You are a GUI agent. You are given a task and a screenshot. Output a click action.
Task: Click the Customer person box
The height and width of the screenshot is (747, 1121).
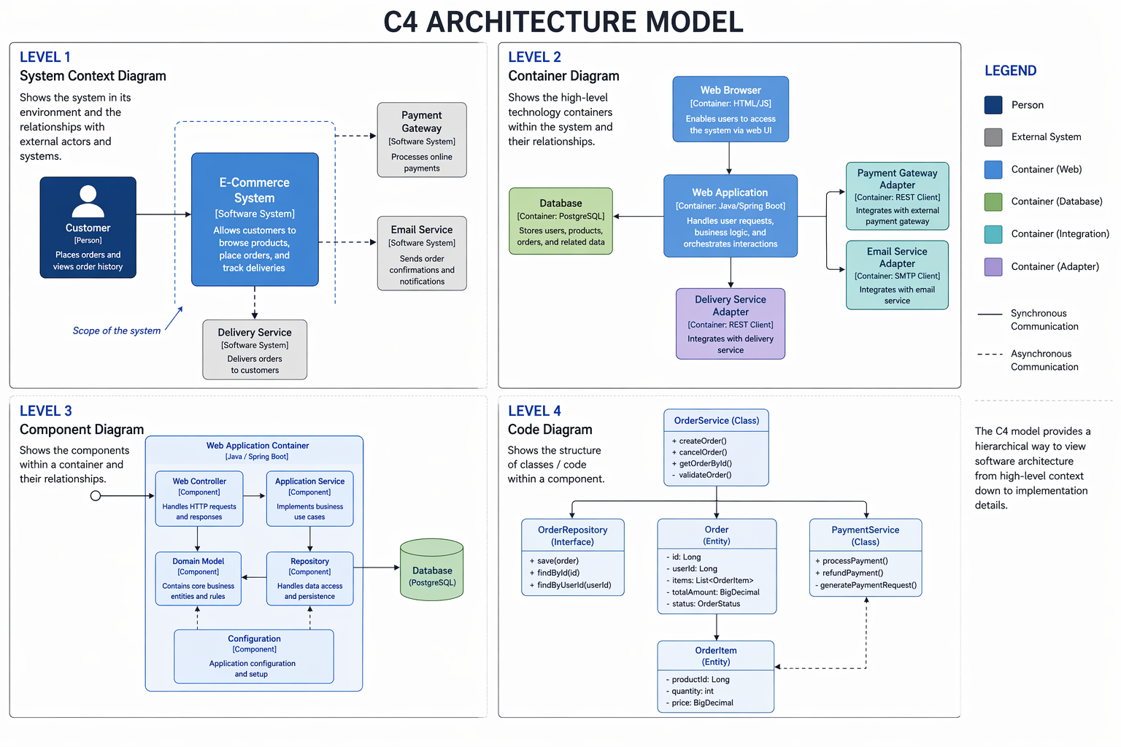pos(88,227)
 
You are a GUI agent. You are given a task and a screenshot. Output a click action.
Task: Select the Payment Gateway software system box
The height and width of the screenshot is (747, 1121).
pos(422,140)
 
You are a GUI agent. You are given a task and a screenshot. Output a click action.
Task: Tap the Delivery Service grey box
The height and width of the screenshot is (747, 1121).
pos(255,349)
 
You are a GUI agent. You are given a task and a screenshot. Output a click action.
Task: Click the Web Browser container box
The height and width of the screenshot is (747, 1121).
pos(731,109)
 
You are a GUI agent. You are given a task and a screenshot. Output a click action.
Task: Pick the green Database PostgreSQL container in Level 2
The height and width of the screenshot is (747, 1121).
pos(560,221)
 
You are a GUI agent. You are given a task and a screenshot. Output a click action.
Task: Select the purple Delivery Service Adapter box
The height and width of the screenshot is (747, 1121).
pos(731,324)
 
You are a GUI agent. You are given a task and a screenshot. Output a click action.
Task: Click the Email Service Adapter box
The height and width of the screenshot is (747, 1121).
pos(897,275)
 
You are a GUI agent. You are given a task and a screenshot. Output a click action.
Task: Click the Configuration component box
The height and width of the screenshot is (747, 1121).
pos(254,656)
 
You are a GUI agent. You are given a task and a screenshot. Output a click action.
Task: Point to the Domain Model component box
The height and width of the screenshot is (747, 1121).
pos(198,578)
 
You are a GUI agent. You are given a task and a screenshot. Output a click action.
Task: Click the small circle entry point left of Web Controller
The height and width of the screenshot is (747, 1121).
pos(96,496)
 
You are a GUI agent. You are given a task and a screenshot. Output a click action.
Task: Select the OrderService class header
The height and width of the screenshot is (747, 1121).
pos(716,421)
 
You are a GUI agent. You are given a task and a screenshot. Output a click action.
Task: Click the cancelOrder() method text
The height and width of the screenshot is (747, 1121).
pos(703,452)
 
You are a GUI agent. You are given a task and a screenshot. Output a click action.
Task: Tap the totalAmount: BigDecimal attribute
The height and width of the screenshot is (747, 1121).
pos(715,592)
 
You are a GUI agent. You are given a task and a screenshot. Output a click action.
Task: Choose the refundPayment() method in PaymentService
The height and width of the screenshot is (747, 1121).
pos(852,573)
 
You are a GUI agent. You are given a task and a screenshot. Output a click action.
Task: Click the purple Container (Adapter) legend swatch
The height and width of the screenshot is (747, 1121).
pos(993,266)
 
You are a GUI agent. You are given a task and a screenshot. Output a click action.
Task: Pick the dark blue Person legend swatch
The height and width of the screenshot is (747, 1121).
pos(993,105)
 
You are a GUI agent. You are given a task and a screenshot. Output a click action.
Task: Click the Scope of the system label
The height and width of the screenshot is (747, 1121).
pos(117,330)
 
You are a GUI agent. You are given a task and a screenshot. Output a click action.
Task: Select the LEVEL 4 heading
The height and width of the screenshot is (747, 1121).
pos(534,411)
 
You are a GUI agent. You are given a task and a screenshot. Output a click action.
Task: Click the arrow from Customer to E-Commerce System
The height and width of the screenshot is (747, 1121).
pos(163,214)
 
